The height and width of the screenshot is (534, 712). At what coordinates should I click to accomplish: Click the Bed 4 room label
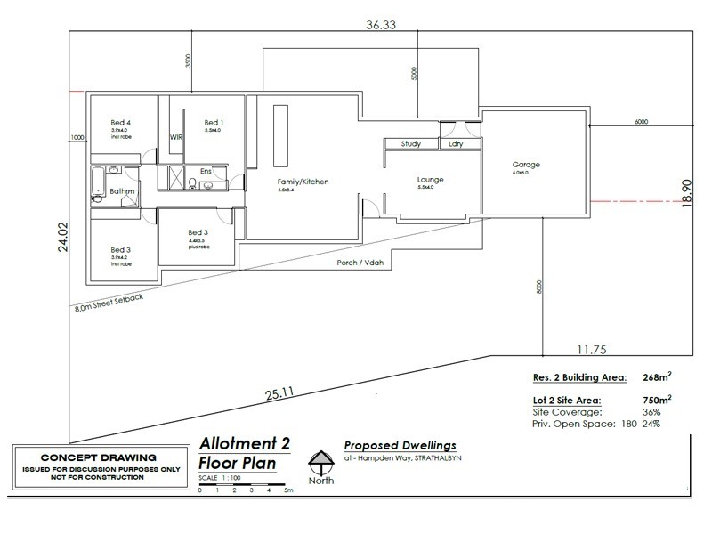(120, 122)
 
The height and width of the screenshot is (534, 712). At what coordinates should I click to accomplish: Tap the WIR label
(175, 138)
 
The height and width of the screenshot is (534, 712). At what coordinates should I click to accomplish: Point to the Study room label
(410, 143)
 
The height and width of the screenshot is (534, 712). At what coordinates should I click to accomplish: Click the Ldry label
(456, 143)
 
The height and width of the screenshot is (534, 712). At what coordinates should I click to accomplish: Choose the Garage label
(526, 165)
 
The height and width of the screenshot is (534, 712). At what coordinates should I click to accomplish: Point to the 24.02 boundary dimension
(63, 238)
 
